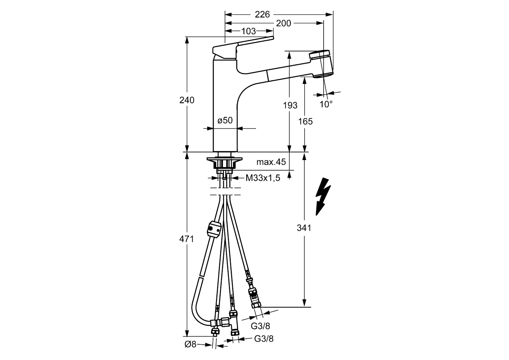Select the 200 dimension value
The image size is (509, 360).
click(x=283, y=23)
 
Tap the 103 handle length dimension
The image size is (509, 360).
click(x=248, y=31)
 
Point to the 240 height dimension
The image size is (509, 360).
click(x=187, y=100)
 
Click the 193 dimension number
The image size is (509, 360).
click(x=290, y=105)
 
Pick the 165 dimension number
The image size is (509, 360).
click(x=305, y=121)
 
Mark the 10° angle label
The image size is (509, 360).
click(x=326, y=104)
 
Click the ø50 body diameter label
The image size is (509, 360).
click(x=225, y=120)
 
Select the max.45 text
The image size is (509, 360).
click(x=271, y=162)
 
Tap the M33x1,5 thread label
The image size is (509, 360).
click(x=263, y=178)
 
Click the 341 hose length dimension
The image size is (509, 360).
click(x=304, y=228)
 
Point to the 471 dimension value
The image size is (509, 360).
click(x=187, y=239)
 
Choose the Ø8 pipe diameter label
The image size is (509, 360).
click(x=191, y=344)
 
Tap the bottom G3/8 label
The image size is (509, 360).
click(x=264, y=339)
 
